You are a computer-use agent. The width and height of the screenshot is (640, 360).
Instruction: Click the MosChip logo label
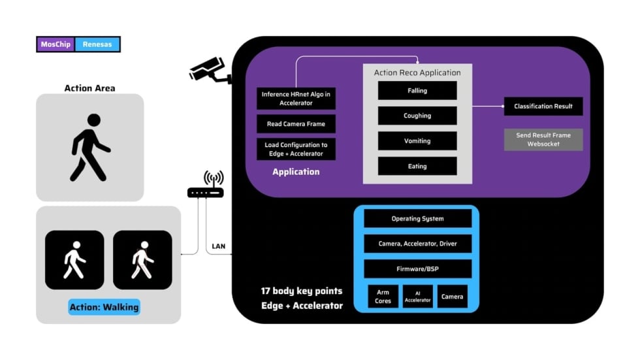pos(56,44)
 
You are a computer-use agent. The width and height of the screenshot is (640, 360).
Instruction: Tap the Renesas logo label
pos(98,44)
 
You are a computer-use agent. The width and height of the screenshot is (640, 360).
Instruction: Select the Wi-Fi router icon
pos(206,186)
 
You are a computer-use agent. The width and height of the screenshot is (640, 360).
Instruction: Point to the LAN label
pos(219,246)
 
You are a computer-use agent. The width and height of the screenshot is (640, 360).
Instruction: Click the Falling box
pos(417,91)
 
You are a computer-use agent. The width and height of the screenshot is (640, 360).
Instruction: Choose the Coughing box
pos(417,116)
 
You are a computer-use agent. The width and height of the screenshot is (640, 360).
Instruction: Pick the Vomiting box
pos(417,141)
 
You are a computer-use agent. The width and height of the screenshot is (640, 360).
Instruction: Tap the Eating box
pos(417,166)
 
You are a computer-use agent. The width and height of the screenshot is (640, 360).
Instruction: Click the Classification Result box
pos(543,106)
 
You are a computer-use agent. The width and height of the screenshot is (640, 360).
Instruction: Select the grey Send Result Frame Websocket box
pos(543,139)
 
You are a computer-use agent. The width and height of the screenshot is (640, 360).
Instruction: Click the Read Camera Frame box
pos(296,123)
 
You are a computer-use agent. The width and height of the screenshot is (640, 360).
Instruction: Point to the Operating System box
pos(417,218)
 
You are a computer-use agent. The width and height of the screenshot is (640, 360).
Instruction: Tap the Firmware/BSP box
pos(417,269)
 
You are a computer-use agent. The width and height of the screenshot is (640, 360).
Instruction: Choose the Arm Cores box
pos(383,297)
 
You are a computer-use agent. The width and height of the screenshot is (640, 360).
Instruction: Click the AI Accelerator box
pos(417,297)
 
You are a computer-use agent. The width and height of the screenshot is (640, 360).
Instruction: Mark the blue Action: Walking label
pos(104,307)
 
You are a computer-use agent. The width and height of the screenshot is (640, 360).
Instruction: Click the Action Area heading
pos(89,88)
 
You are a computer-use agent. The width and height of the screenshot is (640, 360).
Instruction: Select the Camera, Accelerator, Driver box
pos(417,244)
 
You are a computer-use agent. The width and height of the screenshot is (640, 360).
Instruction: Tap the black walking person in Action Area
pos(89,147)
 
